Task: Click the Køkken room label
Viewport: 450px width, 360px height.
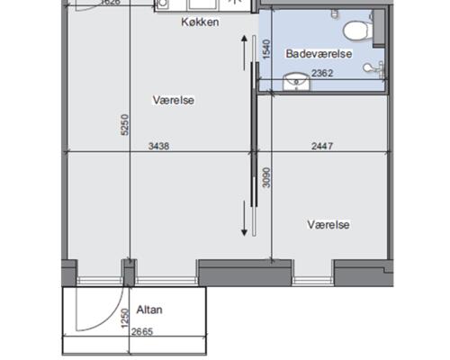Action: [200, 22]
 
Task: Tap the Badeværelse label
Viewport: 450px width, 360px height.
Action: [319, 54]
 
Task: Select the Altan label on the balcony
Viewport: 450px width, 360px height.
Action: [149, 310]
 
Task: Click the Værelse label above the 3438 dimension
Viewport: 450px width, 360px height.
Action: [174, 100]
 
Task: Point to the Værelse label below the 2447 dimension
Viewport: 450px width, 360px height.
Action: [328, 225]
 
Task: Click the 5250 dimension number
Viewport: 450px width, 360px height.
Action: [125, 125]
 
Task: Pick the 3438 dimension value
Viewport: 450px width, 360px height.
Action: [158, 146]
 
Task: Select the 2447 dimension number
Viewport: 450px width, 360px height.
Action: [322, 146]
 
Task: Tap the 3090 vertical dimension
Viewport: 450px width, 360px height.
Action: [266, 177]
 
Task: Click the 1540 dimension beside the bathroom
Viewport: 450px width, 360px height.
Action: [266, 49]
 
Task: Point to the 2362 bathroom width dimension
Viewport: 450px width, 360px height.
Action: [322, 73]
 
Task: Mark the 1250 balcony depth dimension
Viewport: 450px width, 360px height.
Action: [124, 319]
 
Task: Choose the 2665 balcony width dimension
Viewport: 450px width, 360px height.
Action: [142, 331]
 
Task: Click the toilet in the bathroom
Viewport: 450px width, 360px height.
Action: [358, 31]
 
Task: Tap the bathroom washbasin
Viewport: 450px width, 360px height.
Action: [296, 82]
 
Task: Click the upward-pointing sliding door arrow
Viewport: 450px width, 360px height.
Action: [244, 53]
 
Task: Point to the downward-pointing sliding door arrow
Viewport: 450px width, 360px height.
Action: [244, 219]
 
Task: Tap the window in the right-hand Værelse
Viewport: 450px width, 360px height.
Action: [313, 281]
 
